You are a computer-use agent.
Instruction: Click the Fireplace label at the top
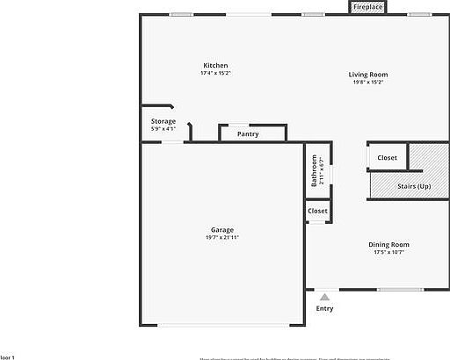pyautogui.click(x=368, y=7)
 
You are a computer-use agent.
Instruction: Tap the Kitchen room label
pyautogui.click(x=216, y=66)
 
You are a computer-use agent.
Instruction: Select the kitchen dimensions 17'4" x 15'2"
pyautogui.click(x=216, y=74)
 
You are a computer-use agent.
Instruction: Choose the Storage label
pyautogui.click(x=163, y=121)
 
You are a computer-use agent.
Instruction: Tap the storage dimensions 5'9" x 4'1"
pyautogui.click(x=163, y=129)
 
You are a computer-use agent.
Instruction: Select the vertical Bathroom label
pyautogui.click(x=314, y=170)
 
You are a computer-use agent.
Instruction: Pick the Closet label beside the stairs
pyautogui.click(x=387, y=158)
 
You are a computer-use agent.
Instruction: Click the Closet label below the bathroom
pyautogui.click(x=317, y=212)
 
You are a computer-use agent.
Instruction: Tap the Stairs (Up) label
pyautogui.click(x=414, y=186)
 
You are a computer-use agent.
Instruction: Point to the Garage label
pyautogui.click(x=221, y=230)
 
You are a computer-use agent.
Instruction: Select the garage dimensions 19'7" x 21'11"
pyautogui.click(x=221, y=238)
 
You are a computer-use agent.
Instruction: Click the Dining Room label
pyautogui.click(x=388, y=244)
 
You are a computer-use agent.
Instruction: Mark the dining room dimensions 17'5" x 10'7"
pyautogui.click(x=388, y=252)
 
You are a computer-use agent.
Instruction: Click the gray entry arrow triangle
pyautogui.click(x=324, y=298)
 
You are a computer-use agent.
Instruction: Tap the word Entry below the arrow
pyautogui.click(x=324, y=308)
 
